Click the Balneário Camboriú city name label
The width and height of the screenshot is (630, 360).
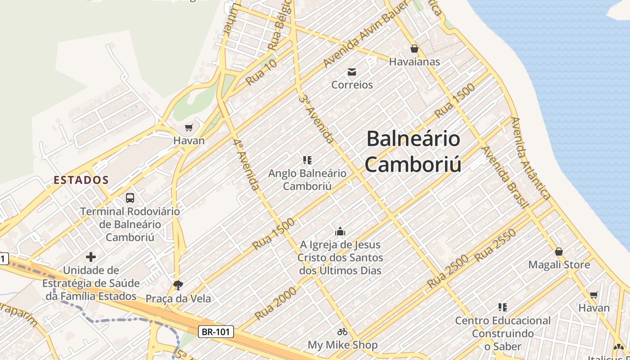[x=413, y=151]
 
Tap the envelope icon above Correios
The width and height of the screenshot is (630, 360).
[x=352, y=72]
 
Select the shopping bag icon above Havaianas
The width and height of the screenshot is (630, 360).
[x=414, y=49]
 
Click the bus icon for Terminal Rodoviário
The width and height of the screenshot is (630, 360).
[x=130, y=198]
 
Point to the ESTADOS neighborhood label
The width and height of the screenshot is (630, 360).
[x=81, y=180]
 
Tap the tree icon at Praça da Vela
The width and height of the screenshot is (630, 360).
[x=178, y=285]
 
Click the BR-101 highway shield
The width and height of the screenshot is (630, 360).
[x=216, y=332]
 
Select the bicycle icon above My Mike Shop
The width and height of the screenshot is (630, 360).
[x=342, y=332]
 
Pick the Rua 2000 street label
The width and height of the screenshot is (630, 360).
[x=276, y=303]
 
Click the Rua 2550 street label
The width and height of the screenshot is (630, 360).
[x=495, y=246]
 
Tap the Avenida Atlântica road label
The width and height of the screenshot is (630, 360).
[x=531, y=158]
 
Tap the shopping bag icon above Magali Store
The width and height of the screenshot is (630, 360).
[x=559, y=252]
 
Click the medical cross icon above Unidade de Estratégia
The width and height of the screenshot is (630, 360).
[x=91, y=257]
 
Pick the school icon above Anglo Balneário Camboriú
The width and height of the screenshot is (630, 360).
[x=307, y=160]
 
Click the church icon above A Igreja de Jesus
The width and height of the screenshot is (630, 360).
[x=340, y=232]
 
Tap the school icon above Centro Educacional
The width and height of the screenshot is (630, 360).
[x=503, y=307]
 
